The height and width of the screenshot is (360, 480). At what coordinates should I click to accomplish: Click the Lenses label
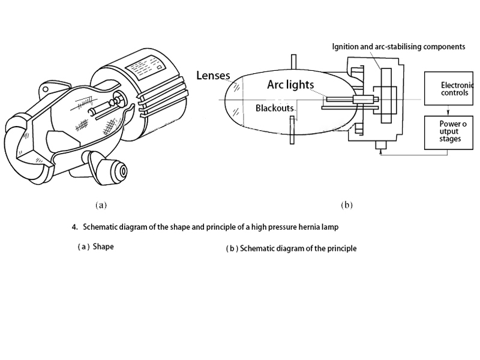(x=213, y=76)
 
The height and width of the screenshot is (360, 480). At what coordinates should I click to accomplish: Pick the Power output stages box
(x=448, y=133)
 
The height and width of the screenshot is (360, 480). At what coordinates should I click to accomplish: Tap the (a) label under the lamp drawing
(x=101, y=205)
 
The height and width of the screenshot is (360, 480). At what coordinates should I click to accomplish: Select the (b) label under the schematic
(x=346, y=205)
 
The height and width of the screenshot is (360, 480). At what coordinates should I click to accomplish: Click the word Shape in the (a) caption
(x=103, y=246)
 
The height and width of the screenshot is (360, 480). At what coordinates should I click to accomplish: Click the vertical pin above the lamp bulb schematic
(x=293, y=62)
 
